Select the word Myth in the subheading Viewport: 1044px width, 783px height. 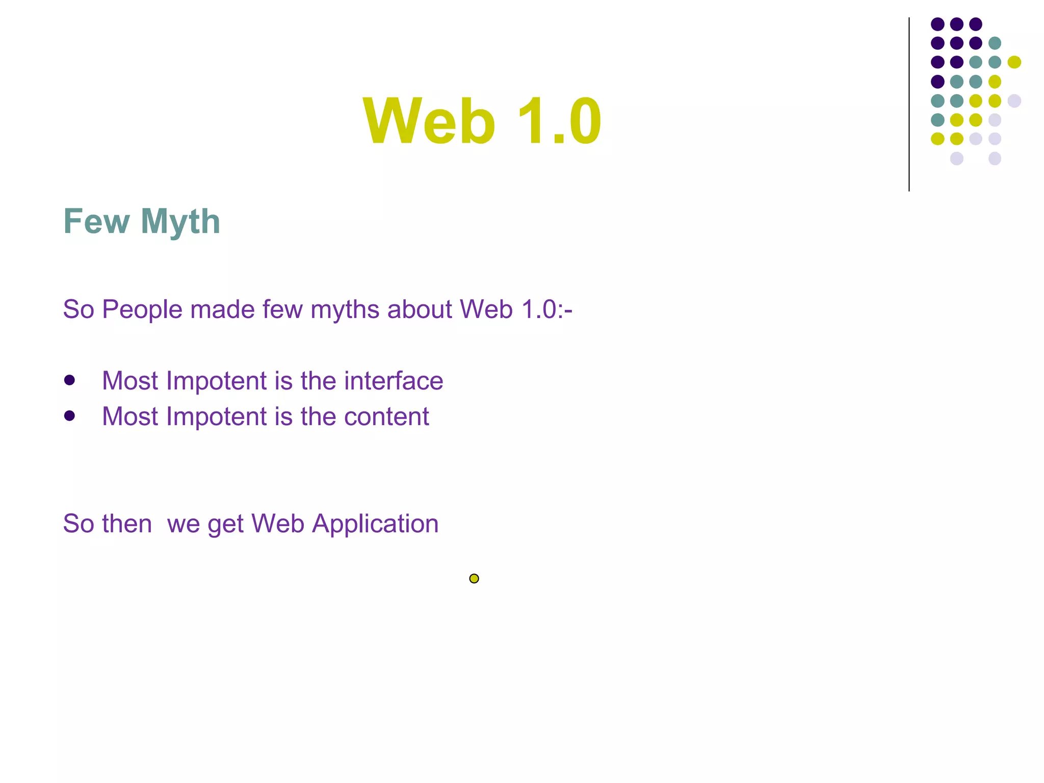tap(180, 222)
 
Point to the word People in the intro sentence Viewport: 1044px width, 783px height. tap(142, 309)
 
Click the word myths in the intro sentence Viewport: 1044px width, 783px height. tap(345, 310)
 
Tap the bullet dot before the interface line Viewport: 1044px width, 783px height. tap(70, 380)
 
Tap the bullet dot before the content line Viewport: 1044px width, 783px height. tap(70, 416)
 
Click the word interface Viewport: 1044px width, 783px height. tap(393, 381)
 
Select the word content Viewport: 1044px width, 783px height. tap(386, 416)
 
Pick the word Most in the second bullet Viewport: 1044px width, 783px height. tap(130, 416)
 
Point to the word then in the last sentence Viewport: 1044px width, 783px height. tap(126, 524)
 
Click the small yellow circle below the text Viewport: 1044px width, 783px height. tap(474, 579)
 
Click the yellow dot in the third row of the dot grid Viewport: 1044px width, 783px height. tap(1014, 62)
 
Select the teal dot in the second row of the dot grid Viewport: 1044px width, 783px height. tap(995, 43)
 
